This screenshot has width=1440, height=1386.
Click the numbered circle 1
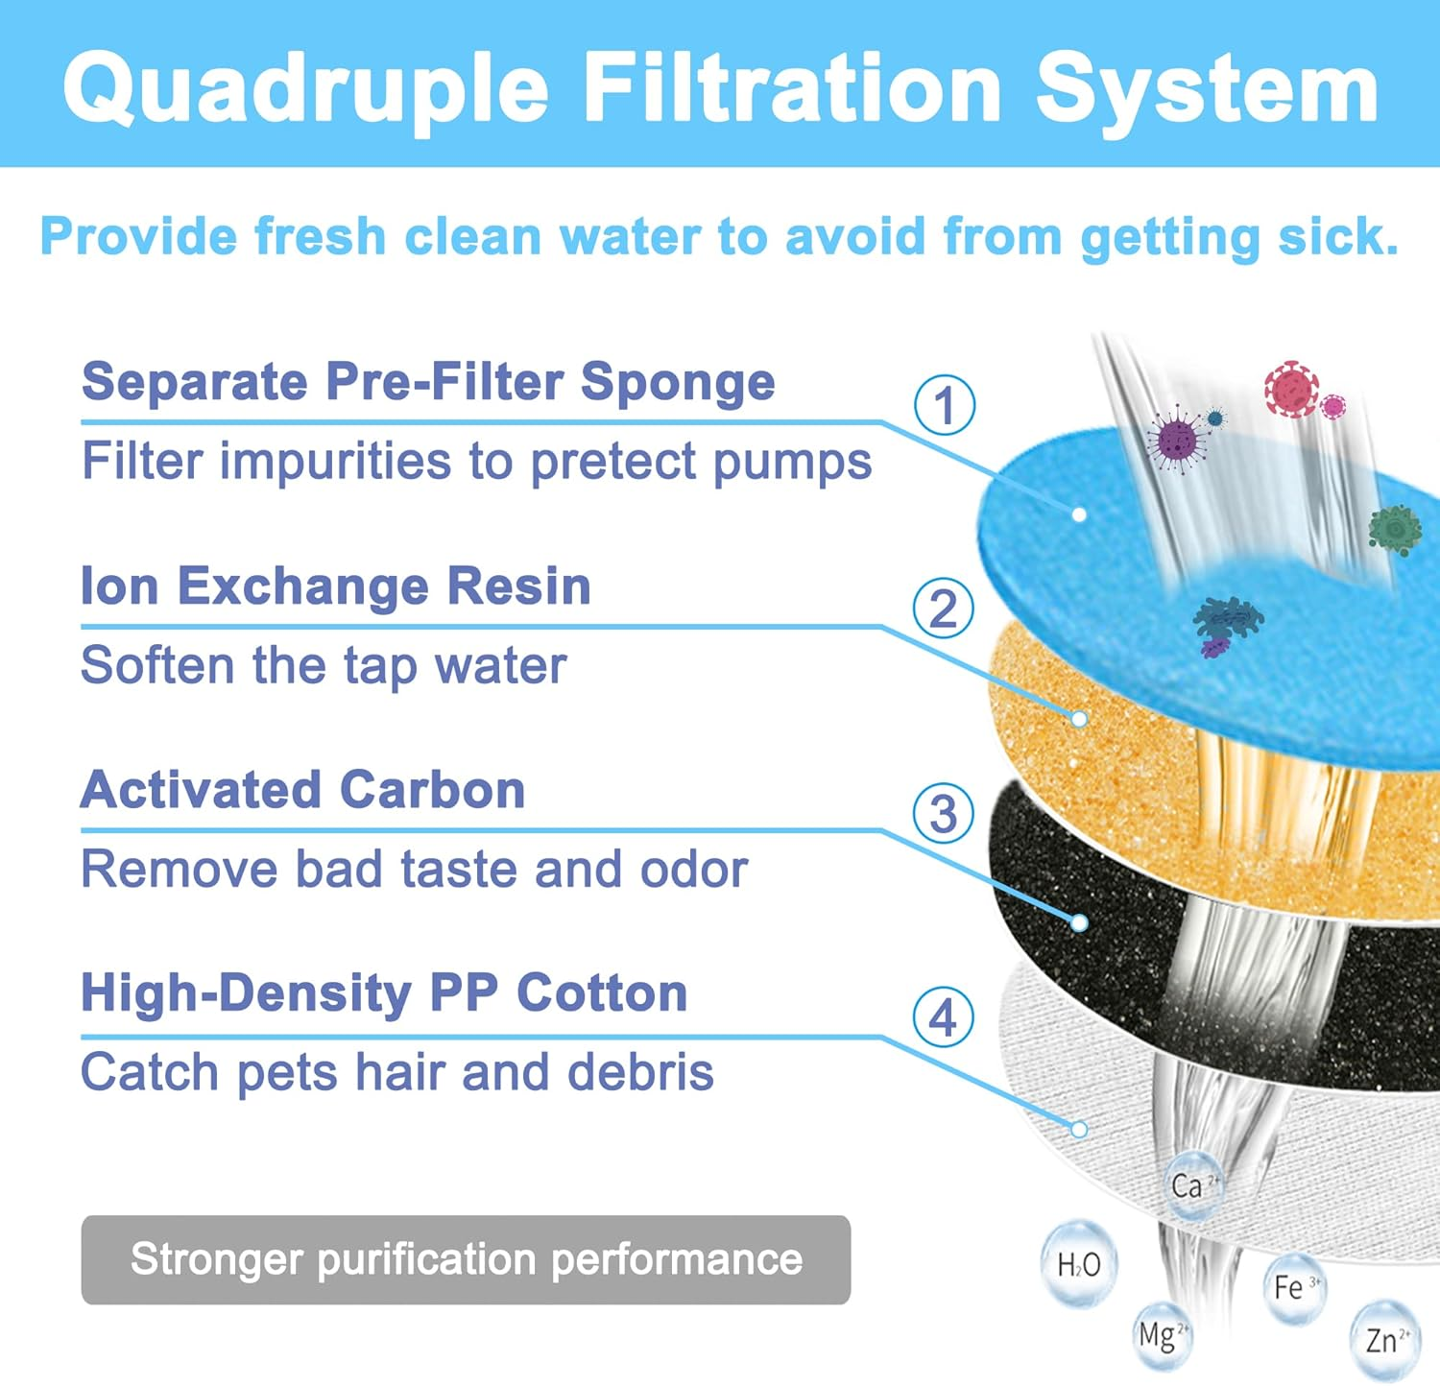pyautogui.click(x=945, y=405)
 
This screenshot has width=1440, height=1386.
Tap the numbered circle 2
pyautogui.click(x=944, y=609)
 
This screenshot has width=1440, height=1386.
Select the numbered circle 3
pyautogui.click(x=944, y=814)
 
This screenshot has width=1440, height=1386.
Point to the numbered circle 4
pyautogui.click(x=944, y=1018)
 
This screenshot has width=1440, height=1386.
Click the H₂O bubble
pyautogui.click(x=1079, y=1264)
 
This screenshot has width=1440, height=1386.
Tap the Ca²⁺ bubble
pyautogui.click(x=1192, y=1185)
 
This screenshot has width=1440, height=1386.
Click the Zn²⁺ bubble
pyautogui.click(x=1386, y=1338)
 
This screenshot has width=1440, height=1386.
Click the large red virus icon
pyautogui.click(x=1291, y=389)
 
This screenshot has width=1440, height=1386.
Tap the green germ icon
pyautogui.click(x=1395, y=529)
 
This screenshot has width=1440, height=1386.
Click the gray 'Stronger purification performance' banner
pyautogui.click(x=466, y=1259)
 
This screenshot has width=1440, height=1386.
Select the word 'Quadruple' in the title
pyautogui.click(x=305, y=89)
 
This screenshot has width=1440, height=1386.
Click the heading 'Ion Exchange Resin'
pyautogui.click(x=335, y=585)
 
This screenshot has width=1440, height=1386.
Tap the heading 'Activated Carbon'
pyautogui.click(x=302, y=790)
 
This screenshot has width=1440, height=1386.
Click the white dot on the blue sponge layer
pyautogui.click(x=1079, y=514)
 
